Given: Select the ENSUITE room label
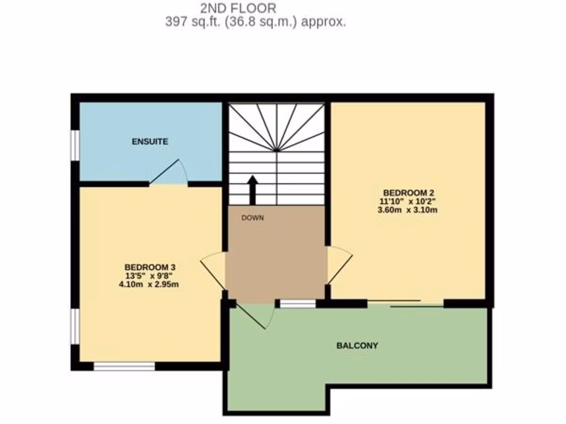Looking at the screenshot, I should (x=150, y=142).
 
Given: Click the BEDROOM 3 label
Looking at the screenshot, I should (x=150, y=266).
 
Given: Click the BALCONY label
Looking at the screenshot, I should (x=358, y=346).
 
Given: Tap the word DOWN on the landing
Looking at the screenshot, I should (x=253, y=218).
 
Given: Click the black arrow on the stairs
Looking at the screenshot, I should (x=253, y=189).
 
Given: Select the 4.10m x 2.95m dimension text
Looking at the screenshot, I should (x=150, y=285).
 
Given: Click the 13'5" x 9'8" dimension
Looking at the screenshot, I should (x=150, y=275).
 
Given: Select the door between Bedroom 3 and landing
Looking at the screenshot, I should (x=213, y=270).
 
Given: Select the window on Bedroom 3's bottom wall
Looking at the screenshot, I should (x=124, y=365).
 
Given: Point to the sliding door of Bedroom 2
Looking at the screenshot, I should (x=406, y=303).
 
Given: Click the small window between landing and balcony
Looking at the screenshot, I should (x=298, y=303).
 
